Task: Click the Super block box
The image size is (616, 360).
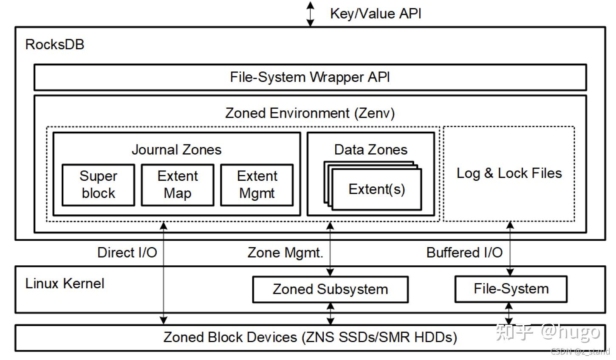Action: (98, 185)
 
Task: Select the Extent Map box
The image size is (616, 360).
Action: (178, 185)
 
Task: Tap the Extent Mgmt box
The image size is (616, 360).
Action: (257, 185)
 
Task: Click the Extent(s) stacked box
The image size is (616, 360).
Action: (377, 189)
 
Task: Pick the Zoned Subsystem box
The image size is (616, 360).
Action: (330, 290)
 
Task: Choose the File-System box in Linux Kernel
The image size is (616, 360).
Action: (511, 289)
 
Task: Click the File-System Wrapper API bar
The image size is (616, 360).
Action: (310, 77)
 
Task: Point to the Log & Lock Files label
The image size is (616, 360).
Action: (509, 173)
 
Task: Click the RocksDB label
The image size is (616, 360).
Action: (55, 44)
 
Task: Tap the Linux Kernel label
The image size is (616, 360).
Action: (65, 283)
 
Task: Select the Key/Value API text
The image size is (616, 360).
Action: (376, 14)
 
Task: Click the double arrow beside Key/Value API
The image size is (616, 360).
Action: (311, 14)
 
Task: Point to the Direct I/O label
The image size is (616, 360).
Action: (127, 253)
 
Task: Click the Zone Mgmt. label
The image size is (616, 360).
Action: (285, 253)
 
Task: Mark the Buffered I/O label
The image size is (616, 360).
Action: (464, 253)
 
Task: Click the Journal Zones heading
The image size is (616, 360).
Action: (176, 149)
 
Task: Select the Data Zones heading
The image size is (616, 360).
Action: (370, 149)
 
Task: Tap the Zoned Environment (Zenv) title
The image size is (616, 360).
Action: (310, 113)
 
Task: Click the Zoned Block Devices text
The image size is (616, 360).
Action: (310, 337)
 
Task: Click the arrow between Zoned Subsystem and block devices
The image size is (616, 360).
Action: (330, 314)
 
